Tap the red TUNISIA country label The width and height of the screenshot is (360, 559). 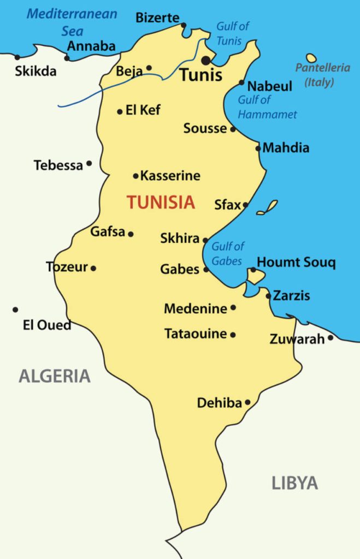click(x=161, y=203)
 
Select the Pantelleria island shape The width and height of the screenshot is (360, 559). click(x=311, y=58)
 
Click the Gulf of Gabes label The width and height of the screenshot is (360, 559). click(x=227, y=253)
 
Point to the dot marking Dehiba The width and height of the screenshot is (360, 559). click(x=247, y=402)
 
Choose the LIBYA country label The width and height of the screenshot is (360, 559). click(x=294, y=483)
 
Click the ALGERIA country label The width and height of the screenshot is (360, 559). click(x=55, y=376)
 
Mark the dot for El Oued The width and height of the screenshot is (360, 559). click(x=15, y=310)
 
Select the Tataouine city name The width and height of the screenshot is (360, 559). click(x=196, y=334)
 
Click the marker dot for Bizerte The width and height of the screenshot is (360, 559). click(x=184, y=25)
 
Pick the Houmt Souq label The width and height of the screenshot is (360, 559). click(x=296, y=263)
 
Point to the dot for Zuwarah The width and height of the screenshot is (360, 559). click(x=331, y=338)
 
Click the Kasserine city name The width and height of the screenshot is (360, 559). click(x=170, y=176)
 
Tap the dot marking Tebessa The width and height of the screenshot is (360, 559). click(x=89, y=163)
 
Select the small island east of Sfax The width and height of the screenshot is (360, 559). click(x=267, y=207)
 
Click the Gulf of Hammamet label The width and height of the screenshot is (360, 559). click(x=267, y=107)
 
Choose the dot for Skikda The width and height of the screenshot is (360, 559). click(x=17, y=57)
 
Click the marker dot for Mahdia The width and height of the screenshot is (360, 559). click(x=258, y=148)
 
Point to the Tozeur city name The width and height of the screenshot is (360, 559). click(x=67, y=267)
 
